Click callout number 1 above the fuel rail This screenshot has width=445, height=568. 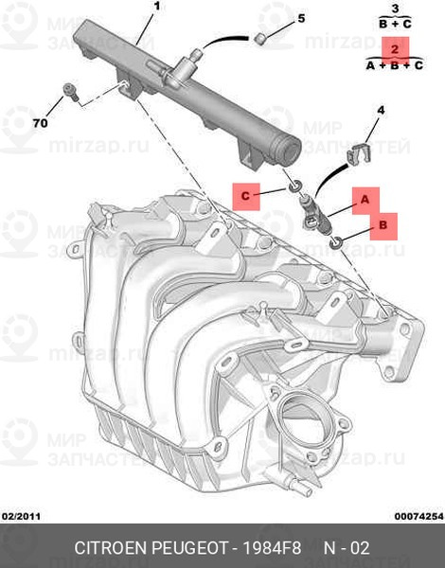pos(156,7)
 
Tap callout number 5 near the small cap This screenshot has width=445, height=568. pos(301,18)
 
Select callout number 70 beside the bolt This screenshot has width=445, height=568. pos(40,123)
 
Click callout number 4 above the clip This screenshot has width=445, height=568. pos(381,110)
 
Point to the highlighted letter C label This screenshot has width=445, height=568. pos(245,196)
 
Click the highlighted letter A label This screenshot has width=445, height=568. pos(365,201)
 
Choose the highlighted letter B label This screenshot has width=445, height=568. pos(383,226)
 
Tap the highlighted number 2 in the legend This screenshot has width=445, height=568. pos(395,49)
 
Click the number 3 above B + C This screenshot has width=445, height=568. pos(396,9)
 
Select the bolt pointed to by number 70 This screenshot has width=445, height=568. pos(71,92)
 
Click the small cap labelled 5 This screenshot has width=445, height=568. pos(260,39)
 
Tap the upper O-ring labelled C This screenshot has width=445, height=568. pos(294,186)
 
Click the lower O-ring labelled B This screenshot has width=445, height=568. pos(335,242)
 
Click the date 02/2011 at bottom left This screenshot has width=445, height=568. pos(22,516)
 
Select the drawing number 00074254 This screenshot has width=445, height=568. pos(418,516)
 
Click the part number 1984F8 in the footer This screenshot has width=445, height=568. pos(272,548)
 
